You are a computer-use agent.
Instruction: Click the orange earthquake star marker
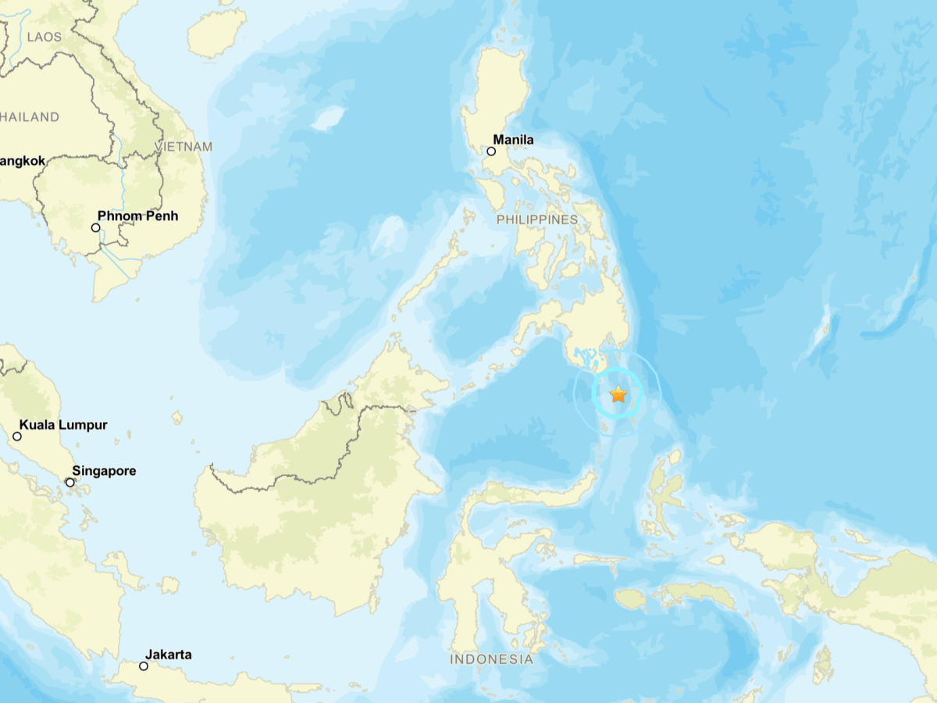pyautogui.click(x=618, y=394)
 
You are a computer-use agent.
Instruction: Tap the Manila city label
pyautogui.click(x=513, y=140)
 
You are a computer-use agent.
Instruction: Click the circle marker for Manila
pyautogui.click(x=491, y=151)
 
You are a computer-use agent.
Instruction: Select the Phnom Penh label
pyautogui.click(x=137, y=216)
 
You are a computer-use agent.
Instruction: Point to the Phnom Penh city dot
pyautogui.click(x=95, y=227)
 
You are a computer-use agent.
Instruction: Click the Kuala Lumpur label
pyautogui.click(x=63, y=425)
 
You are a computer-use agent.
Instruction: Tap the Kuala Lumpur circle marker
pyautogui.click(x=17, y=436)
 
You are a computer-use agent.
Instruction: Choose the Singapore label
pyautogui.click(x=104, y=471)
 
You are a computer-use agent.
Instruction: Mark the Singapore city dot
pyautogui.click(x=69, y=482)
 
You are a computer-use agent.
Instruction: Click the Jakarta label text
pyautogui.click(x=168, y=655)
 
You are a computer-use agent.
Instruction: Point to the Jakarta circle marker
pyautogui.click(x=144, y=666)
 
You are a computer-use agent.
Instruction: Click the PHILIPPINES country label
pyautogui.click(x=537, y=219)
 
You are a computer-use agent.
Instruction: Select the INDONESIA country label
pyautogui.click(x=491, y=659)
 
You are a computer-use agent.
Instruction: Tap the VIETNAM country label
pyautogui.click(x=183, y=147)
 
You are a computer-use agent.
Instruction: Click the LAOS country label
pyautogui.click(x=43, y=37)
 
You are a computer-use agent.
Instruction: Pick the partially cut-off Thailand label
pyautogui.click(x=30, y=117)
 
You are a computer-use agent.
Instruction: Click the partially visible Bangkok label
pyautogui.click(x=23, y=161)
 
